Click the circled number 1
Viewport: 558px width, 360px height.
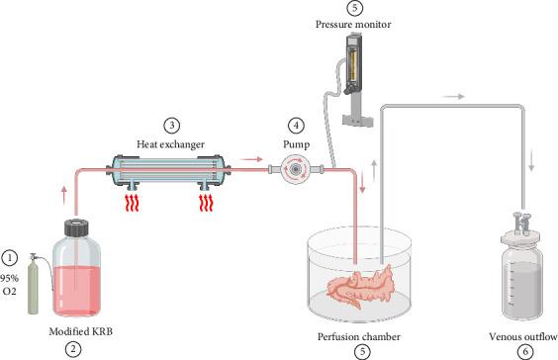click(9, 258)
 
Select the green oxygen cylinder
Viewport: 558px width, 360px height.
click(33, 284)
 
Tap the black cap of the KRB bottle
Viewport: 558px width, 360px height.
click(76, 228)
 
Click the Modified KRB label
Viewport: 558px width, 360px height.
click(81, 331)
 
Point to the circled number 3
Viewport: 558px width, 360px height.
click(171, 126)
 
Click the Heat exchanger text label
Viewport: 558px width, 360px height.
click(171, 144)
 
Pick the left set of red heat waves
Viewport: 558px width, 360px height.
click(132, 203)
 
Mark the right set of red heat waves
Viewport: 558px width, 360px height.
click(206, 203)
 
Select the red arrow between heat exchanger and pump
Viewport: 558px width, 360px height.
click(251, 159)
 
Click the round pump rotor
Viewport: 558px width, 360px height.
click(295, 170)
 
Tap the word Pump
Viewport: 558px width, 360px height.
click(296, 144)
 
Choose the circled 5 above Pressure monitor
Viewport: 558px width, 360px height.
click(354, 8)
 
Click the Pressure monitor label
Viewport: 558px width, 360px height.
click(353, 24)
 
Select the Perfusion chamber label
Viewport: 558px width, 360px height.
click(359, 337)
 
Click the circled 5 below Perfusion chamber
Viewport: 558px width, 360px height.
click(362, 352)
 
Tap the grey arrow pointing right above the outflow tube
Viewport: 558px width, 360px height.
click(453, 96)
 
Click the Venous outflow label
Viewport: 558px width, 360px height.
click(522, 337)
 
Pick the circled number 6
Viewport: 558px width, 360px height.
click(525, 352)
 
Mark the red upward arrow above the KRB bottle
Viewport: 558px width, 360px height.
click(64, 195)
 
